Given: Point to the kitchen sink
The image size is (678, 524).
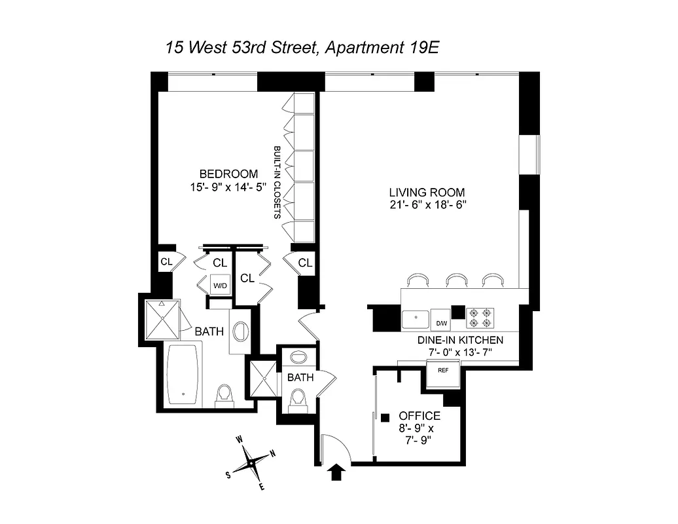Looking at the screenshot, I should tap(416, 320).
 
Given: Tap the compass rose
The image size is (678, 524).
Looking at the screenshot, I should tap(251, 462).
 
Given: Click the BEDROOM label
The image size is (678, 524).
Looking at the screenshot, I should tap(228, 174).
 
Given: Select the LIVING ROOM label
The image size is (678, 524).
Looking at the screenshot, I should tap(427, 192).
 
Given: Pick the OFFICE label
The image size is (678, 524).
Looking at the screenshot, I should tap(419, 416).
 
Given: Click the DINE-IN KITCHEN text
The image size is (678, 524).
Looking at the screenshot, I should tap(460, 340).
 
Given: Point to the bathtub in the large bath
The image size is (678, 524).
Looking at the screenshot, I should tap(184, 375).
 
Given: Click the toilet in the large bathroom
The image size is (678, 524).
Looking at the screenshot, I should tap(224, 395).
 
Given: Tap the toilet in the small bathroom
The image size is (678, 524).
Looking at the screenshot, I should tap(299, 397).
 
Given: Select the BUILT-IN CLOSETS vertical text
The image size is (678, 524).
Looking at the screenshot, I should tap(277, 181).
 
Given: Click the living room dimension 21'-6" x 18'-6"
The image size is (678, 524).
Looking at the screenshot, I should tap(427, 205).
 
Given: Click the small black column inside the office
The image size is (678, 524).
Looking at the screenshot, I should tap(385, 417).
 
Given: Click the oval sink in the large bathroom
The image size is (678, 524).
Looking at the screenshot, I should tap(240, 331).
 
